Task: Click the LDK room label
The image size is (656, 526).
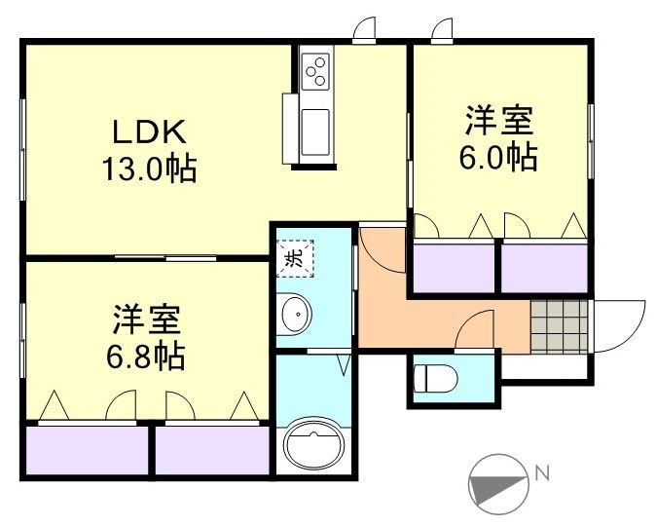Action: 148,131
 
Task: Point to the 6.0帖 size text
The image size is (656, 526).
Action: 498,157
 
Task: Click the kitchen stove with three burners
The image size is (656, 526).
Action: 317,70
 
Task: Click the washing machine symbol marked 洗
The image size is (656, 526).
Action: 294,257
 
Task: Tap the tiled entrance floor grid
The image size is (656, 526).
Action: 561,324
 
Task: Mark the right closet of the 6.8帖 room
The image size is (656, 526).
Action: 211,453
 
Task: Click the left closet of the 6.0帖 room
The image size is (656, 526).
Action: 454,266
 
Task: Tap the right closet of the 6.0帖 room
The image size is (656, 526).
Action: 544,266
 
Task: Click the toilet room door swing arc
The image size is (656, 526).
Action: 477,324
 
